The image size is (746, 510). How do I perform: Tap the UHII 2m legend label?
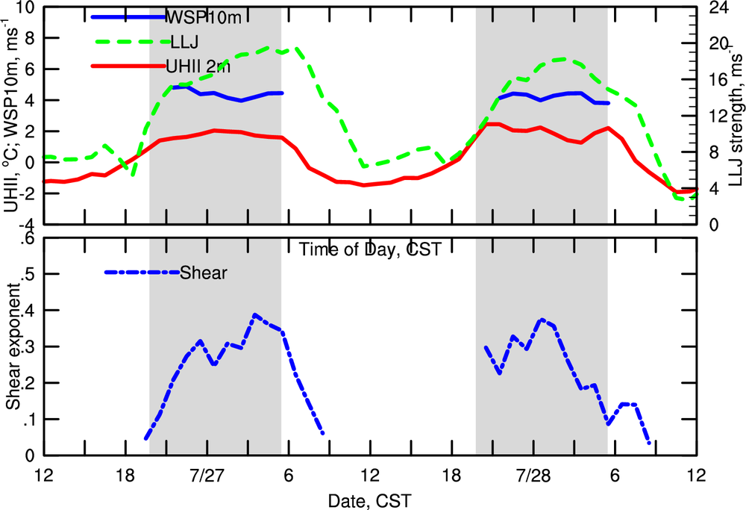(x=198, y=66)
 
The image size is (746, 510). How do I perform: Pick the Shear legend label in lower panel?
(x=204, y=273)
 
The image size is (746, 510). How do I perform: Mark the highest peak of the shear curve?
(x=255, y=315)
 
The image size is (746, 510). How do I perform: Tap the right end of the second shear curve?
(x=650, y=444)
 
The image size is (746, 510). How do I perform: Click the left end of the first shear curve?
(x=146, y=439)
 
